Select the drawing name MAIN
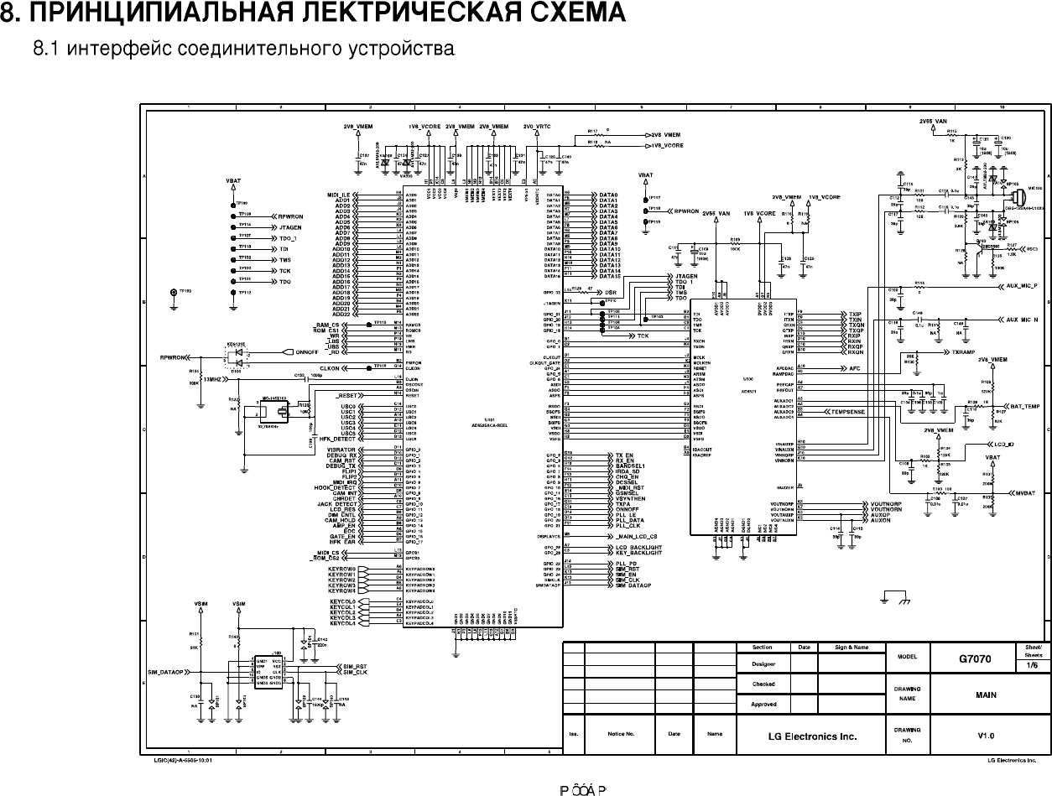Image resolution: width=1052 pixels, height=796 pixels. [986, 695]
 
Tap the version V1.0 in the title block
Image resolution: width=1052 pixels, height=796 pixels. [986, 736]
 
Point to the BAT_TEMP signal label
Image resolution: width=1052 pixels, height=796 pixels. [1023, 406]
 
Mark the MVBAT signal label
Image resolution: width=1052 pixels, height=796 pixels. [1025, 493]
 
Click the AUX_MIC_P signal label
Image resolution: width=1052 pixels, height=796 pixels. [1023, 286]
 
